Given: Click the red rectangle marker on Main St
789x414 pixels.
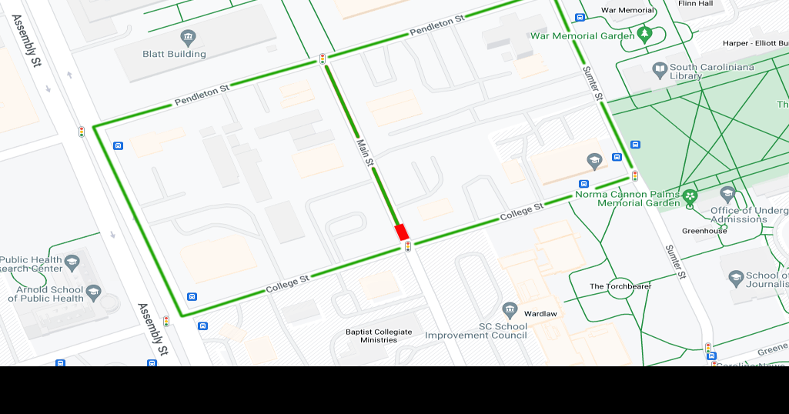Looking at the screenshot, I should point(401,231).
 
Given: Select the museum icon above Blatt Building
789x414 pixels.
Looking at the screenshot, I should point(188,37).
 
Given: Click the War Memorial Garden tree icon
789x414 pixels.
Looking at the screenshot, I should point(645,35).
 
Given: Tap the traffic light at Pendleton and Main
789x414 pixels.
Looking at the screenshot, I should point(323,58).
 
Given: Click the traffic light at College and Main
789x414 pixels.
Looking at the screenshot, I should point(408,246).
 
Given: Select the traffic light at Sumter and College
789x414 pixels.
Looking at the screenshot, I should point(635,175).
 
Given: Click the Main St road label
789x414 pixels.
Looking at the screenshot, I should point(364,153).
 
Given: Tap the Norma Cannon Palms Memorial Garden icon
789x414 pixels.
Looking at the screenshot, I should point(690,196).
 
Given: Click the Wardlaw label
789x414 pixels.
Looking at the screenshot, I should point(540,314).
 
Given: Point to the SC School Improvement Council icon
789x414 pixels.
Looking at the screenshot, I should point(510,310).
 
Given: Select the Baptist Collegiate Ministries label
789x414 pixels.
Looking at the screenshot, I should point(379,336).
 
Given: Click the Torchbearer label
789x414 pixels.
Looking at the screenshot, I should point(620,286).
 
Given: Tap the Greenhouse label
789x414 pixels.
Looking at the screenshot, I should point(704,231).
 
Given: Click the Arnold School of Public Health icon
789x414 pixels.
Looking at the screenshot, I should point(93,290).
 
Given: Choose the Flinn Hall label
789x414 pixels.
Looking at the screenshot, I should point(695,4).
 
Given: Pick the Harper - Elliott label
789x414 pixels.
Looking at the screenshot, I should point(755,43).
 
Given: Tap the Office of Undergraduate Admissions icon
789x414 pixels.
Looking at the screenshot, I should point(727,194).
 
